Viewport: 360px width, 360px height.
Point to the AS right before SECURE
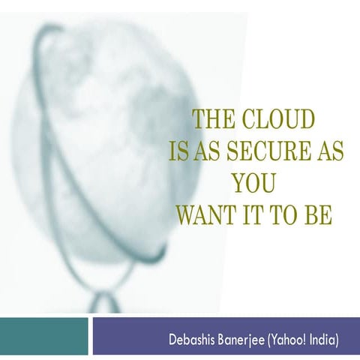[206, 152]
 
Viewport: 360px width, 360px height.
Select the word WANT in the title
[204, 216]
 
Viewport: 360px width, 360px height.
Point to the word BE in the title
[316, 216]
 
